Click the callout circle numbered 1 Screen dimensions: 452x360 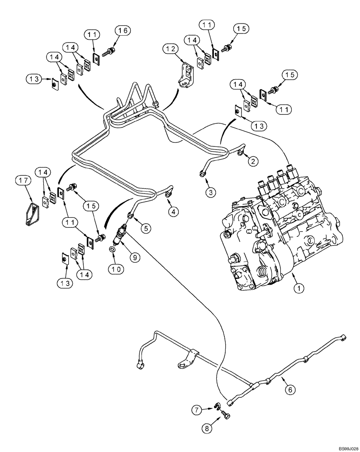[298, 286]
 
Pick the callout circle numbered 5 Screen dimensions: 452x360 [145, 228]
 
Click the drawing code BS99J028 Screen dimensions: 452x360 [346, 448]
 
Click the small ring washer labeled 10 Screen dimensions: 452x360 [112, 249]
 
